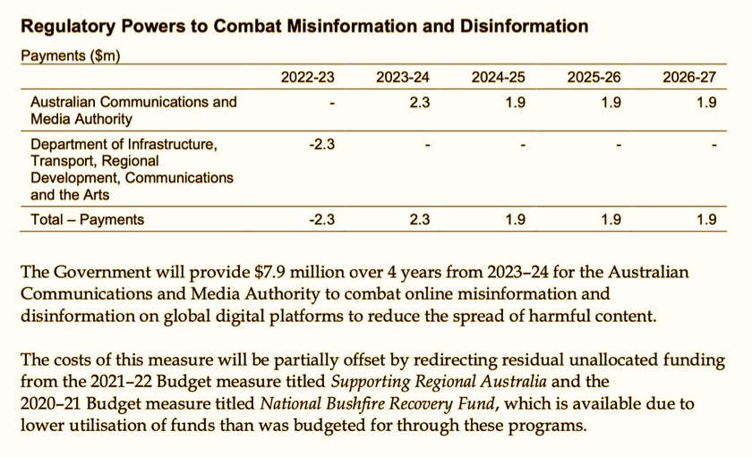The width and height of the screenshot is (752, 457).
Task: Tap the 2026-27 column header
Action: [x=689, y=78]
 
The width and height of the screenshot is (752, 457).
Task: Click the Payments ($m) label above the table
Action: [x=70, y=55]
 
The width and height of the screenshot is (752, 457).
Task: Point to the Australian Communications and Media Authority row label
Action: [x=133, y=110]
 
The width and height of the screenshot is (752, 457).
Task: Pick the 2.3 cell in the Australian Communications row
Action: [x=419, y=103]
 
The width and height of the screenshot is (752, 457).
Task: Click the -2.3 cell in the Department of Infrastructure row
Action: [x=322, y=144]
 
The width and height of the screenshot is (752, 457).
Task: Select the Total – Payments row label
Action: [x=87, y=219]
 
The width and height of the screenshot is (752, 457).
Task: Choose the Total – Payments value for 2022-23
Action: [x=322, y=219]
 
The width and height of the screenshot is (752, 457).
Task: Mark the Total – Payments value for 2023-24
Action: [x=419, y=219]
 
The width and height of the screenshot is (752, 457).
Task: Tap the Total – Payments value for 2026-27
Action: [x=706, y=219]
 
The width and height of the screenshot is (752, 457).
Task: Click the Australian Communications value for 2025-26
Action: [x=611, y=103]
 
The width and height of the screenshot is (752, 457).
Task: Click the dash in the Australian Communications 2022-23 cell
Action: [x=332, y=104]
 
